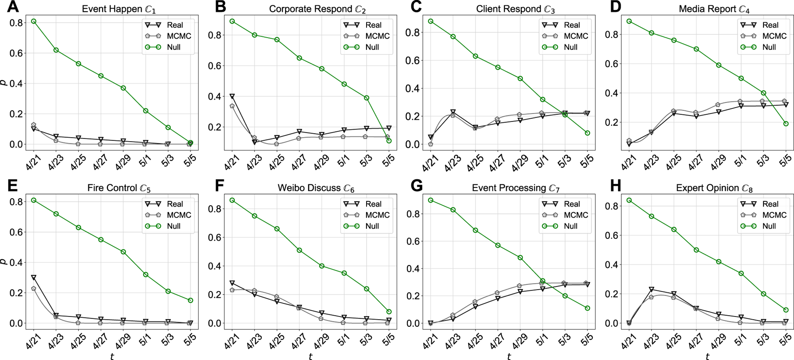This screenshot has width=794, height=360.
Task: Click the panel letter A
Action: point(13,7)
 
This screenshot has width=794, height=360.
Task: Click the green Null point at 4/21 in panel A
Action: point(34,21)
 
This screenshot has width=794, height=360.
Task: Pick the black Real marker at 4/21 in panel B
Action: point(232,96)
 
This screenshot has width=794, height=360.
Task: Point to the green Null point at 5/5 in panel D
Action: point(785,124)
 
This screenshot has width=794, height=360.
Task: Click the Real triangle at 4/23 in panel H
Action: point(651,289)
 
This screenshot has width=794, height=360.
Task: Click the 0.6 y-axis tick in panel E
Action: point(16,232)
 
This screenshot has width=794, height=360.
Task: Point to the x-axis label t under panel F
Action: point(310,356)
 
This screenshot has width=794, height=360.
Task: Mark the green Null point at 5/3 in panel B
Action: point(367,98)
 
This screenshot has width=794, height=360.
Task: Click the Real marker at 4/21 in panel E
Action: point(34,278)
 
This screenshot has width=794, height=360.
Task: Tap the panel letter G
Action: point(416,186)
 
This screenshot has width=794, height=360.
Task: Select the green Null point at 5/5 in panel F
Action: point(388,312)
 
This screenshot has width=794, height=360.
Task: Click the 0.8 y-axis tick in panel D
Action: point(612,35)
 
